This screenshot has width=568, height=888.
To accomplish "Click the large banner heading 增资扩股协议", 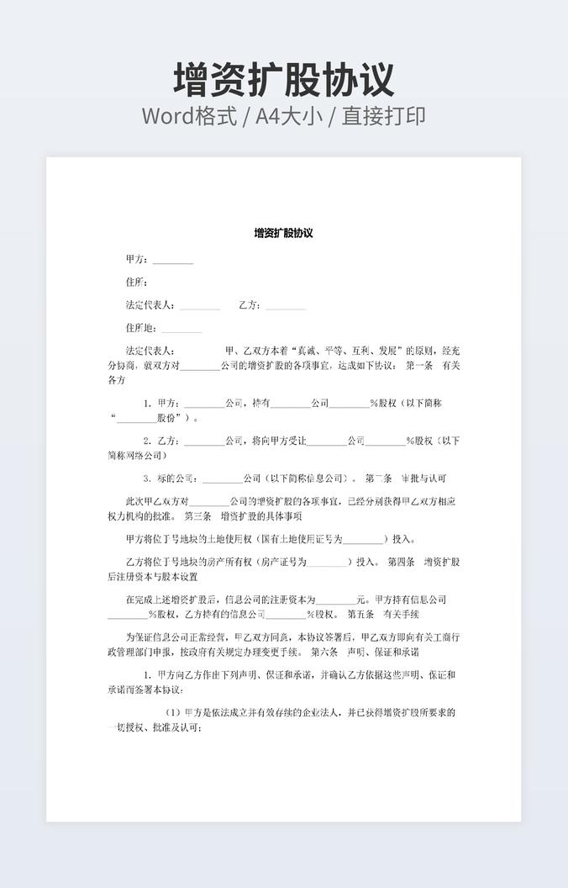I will tap(284, 80).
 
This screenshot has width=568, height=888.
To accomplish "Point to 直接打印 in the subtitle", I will tap(383, 116).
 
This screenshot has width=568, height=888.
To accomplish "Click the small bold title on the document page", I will tap(284, 233).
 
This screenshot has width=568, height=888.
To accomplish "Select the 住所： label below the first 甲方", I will tap(137, 282).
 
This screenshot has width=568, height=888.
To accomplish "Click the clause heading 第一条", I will tap(419, 366).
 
